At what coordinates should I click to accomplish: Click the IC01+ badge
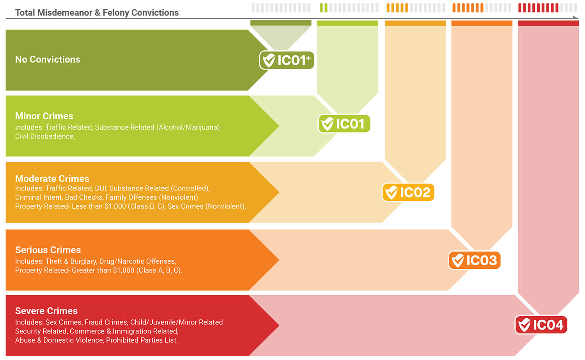pos(287,60)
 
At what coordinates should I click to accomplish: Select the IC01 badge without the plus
pos(344,124)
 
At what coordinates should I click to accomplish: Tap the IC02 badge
pos(408,192)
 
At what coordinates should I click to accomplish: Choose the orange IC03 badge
pos(474,260)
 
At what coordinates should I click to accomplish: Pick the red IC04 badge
pos(541,325)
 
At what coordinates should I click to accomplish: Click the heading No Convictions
pos(48,59)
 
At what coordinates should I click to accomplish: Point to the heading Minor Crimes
pos(44,116)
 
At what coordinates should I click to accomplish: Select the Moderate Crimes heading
pos(52,179)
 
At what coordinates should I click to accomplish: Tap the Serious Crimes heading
pos(48,250)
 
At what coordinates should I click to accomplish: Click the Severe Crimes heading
pos(46,311)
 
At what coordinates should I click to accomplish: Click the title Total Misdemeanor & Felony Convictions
pos(97,12)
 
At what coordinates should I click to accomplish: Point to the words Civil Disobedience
pos(45,137)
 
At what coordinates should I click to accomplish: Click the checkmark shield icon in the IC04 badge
pos(525,325)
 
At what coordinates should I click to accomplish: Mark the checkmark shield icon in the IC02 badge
pos(391,192)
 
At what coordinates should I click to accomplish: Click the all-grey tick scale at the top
pos(281,8)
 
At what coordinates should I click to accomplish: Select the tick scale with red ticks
pos(547,8)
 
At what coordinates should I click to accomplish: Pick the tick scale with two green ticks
pos(349,8)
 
